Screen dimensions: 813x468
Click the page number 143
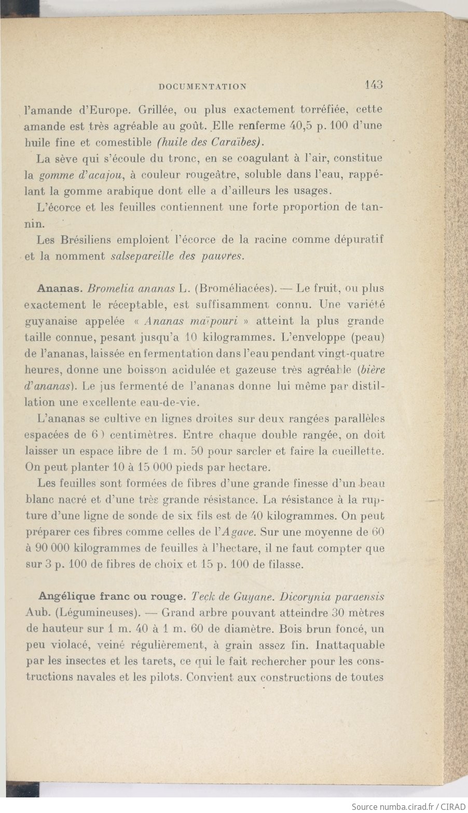tap(373, 85)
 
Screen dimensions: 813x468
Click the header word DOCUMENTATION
tap(203, 87)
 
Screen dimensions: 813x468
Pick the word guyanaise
tap(50, 321)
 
